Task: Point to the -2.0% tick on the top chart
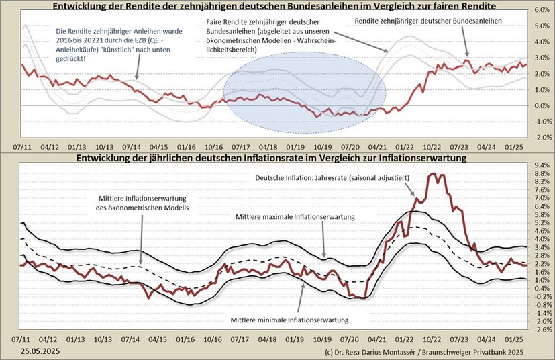(x=542, y=137)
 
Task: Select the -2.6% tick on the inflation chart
(x=542, y=330)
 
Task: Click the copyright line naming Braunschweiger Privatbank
(x=423, y=352)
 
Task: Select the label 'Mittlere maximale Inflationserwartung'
(x=295, y=217)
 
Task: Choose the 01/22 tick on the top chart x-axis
(x=405, y=146)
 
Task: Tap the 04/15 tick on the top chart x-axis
(x=158, y=146)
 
